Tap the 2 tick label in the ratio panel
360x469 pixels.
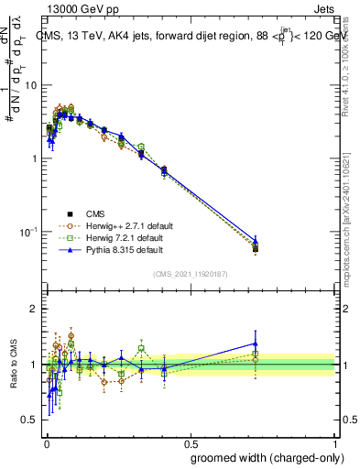coord(34,309)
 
